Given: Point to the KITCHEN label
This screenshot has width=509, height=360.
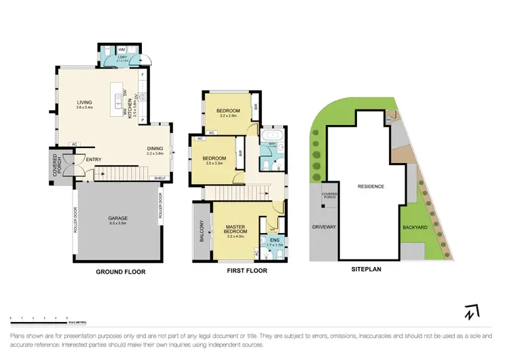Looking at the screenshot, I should pos(131,107).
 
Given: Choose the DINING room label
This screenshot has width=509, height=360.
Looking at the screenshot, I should pos(155,149).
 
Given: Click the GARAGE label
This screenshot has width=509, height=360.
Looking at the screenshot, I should pos(118,219).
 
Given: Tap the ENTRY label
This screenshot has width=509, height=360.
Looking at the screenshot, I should pos(94,160).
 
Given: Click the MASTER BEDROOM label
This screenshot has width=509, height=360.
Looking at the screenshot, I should pos(235,231).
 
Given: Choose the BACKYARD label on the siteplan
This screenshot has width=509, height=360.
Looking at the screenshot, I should pos(414,228).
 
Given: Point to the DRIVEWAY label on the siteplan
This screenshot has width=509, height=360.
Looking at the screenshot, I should pos(324,227).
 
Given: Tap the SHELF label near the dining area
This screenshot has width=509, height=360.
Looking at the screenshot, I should pos(160,178).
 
